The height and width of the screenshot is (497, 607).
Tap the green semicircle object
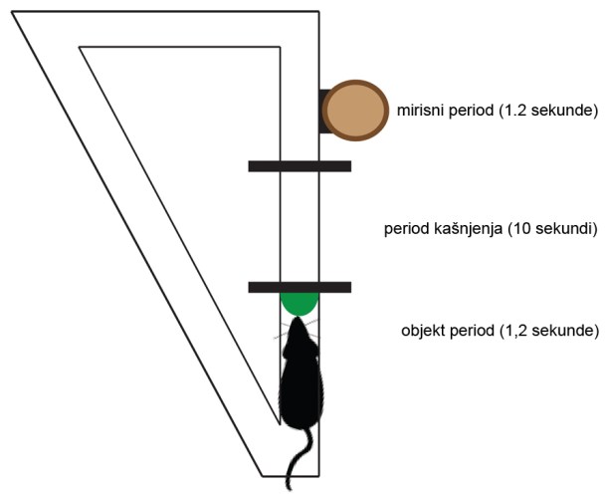299,302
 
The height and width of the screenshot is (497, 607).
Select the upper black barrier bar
300,165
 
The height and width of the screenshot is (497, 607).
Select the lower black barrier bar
300,287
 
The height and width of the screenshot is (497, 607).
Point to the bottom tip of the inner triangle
278,422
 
